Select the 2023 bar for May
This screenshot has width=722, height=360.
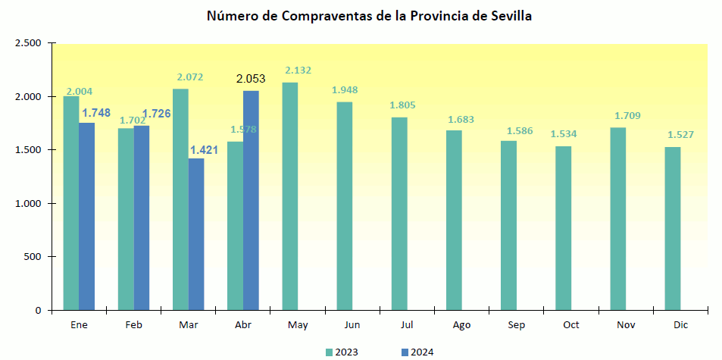pyautogui.click(x=289, y=196)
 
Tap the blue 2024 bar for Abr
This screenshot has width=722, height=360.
pyautogui.click(x=251, y=201)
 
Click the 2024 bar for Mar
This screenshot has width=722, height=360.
pyautogui.click(x=196, y=234)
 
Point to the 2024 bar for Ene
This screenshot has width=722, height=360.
pyautogui.click(x=87, y=217)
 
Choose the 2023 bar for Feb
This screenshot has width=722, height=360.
pyautogui.click(x=126, y=219)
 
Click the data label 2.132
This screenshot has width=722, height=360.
pyautogui.click(x=298, y=70)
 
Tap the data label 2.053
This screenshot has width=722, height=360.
pyautogui.click(x=251, y=79)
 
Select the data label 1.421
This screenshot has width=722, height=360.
pyautogui.click(x=203, y=149)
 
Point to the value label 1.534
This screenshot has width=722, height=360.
pyautogui.click(x=564, y=134)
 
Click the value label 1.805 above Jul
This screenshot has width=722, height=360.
pyautogui.click(x=402, y=105)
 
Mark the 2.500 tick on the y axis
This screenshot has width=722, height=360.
pyautogui.click(x=28, y=43)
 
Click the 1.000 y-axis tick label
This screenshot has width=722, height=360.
pyautogui.click(x=28, y=204)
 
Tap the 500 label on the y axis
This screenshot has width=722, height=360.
pyautogui.click(x=33, y=257)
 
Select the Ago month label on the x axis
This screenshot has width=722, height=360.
pyautogui.click(x=461, y=324)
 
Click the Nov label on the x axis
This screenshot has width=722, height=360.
pyautogui.click(x=626, y=324)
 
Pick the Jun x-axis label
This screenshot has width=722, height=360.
pyautogui.click(x=352, y=324)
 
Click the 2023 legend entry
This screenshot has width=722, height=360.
pyautogui.click(x=342, y=352)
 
